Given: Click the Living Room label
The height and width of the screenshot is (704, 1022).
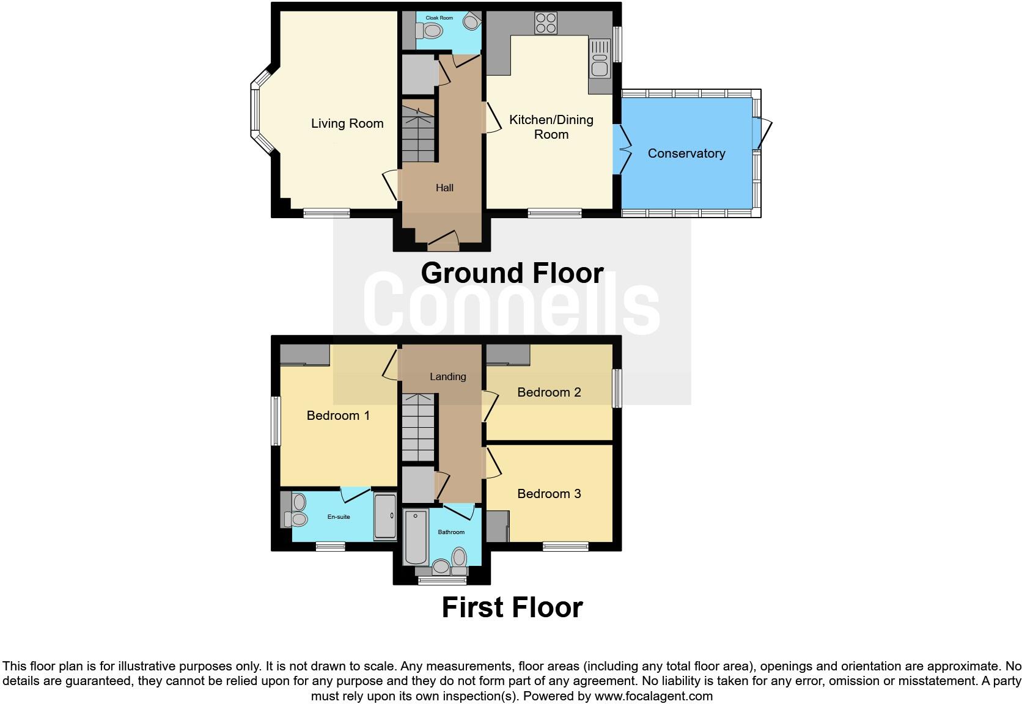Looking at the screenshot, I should pyautogui.click(x=347, y=123).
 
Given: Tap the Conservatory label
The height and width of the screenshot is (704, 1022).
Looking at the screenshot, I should pyautogui.click(x=686, y=153).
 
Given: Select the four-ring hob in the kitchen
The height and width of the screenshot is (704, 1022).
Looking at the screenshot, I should pyautogui.click(x=546, y=23).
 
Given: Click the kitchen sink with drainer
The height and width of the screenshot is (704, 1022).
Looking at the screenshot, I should pyautogui.click(x=600, y=58).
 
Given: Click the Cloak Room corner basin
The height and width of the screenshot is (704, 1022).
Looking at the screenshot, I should pyautogui.click(x=471, y=22).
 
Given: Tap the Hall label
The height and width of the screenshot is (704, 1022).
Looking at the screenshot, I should pyautogui.click(x=444, y=188).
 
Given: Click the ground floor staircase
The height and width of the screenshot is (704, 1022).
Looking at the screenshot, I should pyautogui.click(x=418, y=131).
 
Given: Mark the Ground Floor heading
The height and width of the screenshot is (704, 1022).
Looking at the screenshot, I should pyautogui.click(x=512, y=273).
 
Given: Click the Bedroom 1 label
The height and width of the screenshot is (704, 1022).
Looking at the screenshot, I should pyautogui.click(x=338, y=416).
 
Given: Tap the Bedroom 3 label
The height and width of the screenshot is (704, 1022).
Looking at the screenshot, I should pyautogui.click(x=549, y=494).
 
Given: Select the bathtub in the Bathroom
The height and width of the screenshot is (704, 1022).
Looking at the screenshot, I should pyautogui.click(x=416, y=537).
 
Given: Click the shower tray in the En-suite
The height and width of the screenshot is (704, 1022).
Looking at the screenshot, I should pyautogui.click(x=385, y=516).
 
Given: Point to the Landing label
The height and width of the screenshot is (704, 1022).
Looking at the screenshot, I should pyautogui.click(x=447, y=376).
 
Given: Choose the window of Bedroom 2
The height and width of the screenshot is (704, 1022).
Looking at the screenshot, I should pyautogui.click(x=617, y=388).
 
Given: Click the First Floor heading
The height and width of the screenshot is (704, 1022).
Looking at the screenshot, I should pyautogui.click(x=512, y=607).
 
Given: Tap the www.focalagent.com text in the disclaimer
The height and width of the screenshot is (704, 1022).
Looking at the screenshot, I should pyautogui.click(x=653, y=696).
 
